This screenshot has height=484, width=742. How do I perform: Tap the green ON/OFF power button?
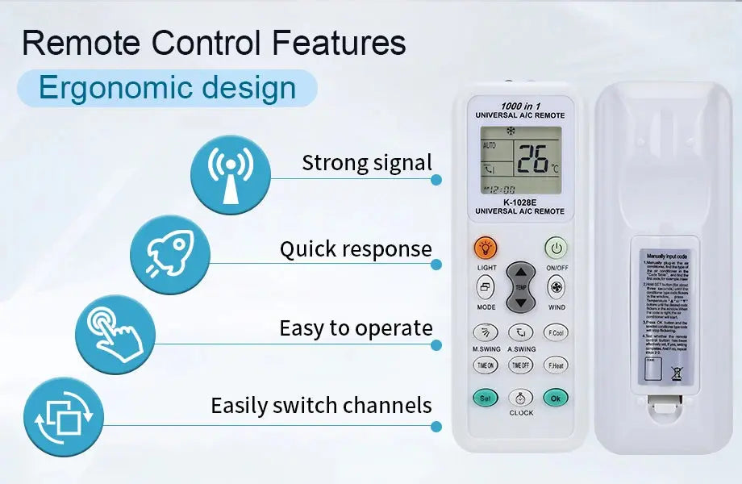556,248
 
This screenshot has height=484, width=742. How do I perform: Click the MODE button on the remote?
486,286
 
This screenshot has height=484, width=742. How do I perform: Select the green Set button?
486,398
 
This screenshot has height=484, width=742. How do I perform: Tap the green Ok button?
555,398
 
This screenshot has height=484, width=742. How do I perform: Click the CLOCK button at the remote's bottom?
521,398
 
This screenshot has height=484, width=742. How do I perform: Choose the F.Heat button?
555,365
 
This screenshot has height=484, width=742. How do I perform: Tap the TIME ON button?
486,365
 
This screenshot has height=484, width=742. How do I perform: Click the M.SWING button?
486,332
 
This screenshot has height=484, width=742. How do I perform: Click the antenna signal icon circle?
231,175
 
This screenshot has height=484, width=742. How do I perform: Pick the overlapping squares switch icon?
64,417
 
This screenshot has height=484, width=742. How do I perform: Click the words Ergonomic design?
168,88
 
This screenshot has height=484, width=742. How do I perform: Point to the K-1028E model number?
520,202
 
